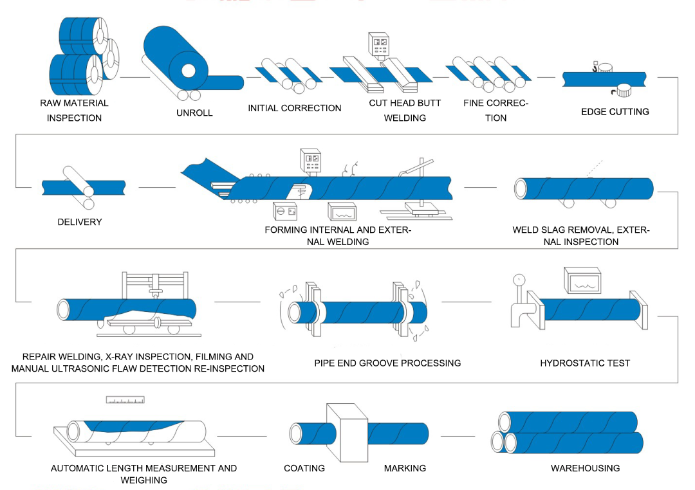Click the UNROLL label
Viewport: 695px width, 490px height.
pyautogui.click(x=194, y=113)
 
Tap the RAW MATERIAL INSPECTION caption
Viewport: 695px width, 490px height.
pyautogui.click(x=74, y=110)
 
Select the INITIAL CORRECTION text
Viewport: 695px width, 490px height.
pyautogui.click(x=295, y=108)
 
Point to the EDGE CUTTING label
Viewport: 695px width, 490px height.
pyautogui.click(x=615, y=111)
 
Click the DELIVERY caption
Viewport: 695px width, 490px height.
pyautogui.click(x=79, y=222)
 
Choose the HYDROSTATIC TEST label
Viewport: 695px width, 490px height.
pyautogui.click(x=585, y=363)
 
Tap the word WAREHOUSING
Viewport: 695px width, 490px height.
pyautogui.click(x=585, y=468)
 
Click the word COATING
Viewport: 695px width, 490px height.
pyautogui.click(x=304, y=468)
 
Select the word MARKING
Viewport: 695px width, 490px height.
pyautogui.click(x=405, y=468)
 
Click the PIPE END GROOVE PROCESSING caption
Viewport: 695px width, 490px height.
pyautogui.click(x=387, y=363)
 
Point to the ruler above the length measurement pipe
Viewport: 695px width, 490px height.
pyautogui.click(x=125, y=399)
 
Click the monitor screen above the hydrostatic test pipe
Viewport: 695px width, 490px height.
pyautogui.click(x=582, y=280)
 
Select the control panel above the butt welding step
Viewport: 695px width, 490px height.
pyautogui.click(x=378, y=44)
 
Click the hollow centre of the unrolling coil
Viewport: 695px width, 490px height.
pyautogui.click(x=189, y=70)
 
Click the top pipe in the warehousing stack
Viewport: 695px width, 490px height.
pyautogui.click(x=568, y=422)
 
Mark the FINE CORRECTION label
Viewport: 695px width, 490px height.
pyautogui.click(x=496, y=110)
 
